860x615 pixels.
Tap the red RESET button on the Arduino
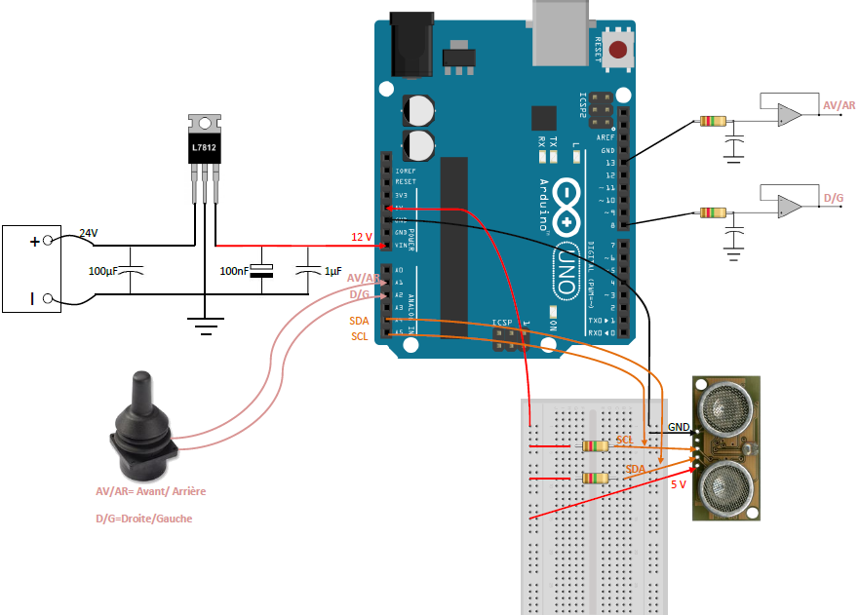pos(616,50)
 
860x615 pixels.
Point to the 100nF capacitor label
pos(235,270)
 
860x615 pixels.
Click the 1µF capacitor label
pos(332,270)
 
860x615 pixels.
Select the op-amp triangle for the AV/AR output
pos(788,115)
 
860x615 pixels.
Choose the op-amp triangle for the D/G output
pos(788,207)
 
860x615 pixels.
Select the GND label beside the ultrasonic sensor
pos(680,427)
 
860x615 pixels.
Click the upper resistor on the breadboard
pos(594,446)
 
